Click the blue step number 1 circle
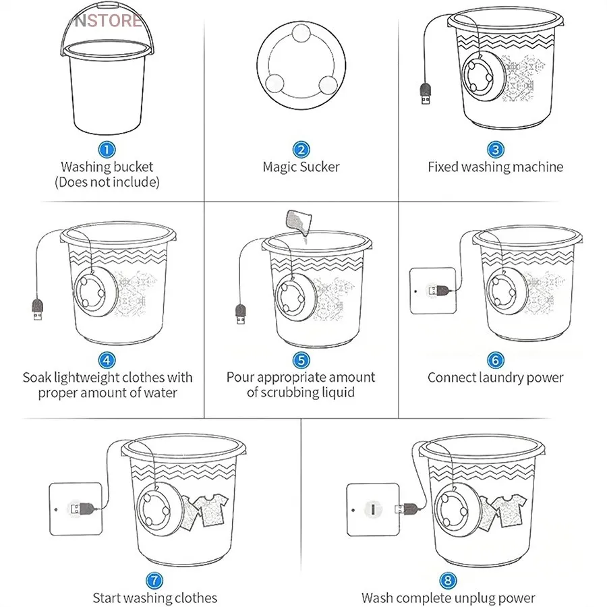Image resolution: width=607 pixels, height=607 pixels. click(107, 150)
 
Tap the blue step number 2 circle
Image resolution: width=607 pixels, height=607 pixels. click(301, 150)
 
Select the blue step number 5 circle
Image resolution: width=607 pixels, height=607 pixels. click(301, 360)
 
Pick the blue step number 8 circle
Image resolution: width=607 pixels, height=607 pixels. click(448, 580)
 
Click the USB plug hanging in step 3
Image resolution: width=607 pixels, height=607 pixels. click(426, 93)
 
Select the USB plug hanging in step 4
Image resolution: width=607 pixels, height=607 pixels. click(37, 309)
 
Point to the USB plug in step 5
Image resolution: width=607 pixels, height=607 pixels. click(240, 314)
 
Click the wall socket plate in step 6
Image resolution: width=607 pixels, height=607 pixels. click(433, 290)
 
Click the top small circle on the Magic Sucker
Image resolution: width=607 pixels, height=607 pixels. click(301, 33)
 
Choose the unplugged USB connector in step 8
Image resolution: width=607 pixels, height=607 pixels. click(407, 509)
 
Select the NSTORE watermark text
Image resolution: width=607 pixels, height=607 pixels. click(109, 20)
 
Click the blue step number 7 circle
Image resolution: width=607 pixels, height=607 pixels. click(154, 580)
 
